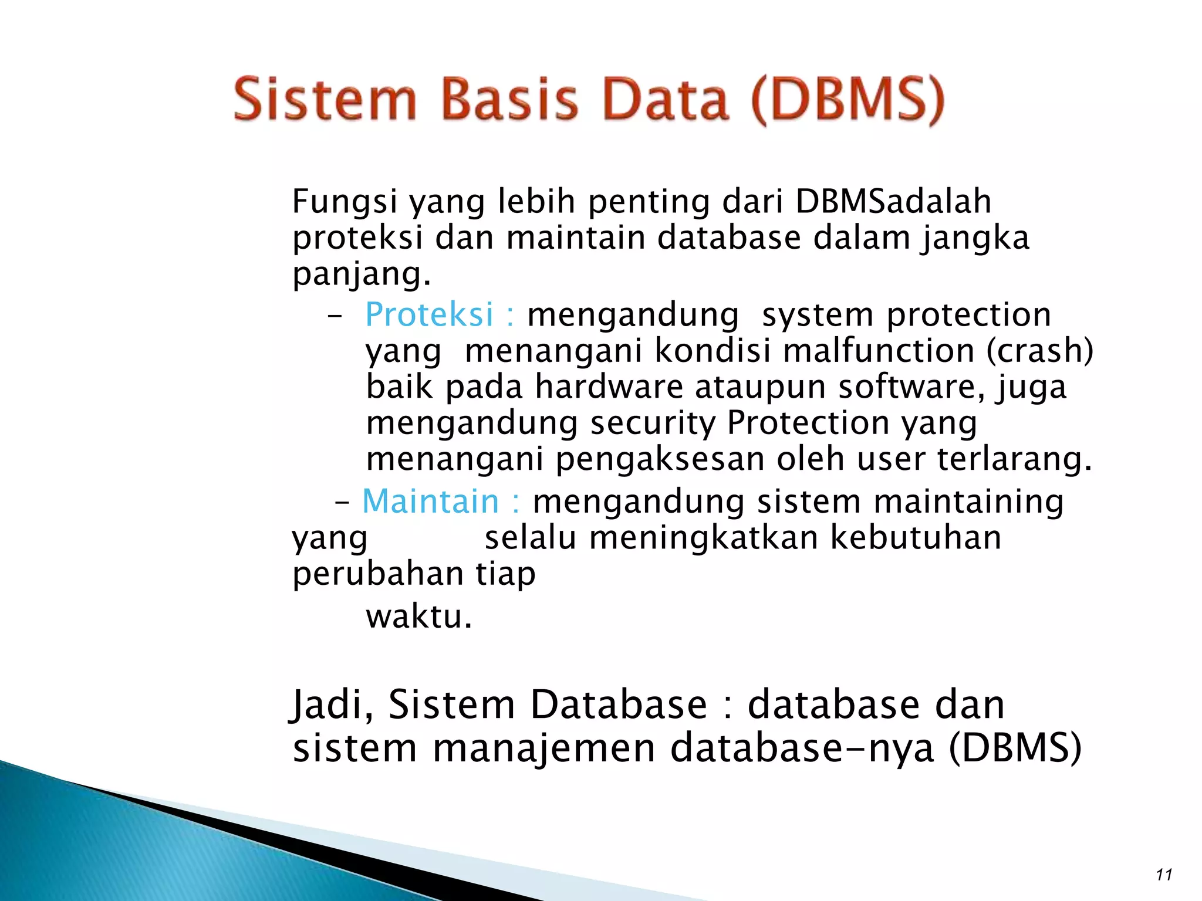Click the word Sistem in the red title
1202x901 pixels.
[x=325, y=100]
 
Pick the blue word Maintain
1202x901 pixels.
[x=430, y=502]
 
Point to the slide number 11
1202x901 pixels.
[x=1163, y=875]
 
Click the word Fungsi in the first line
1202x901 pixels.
[x=344, y=202]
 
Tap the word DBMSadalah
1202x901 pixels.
[x=893, y=202]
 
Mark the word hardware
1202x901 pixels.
[x=609, y=387]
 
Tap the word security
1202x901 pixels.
[x=653, y=423]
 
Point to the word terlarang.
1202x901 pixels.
[x=1014, y=459]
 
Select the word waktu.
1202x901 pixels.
[x=418, y=617]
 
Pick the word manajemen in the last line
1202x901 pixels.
[x=543, y=748]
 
